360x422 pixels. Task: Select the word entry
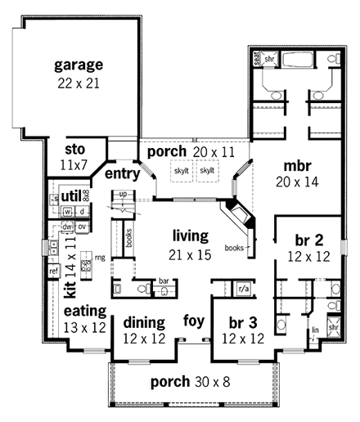[120, 173]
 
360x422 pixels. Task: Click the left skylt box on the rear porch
[182, 170]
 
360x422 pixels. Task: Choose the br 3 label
[243, 321]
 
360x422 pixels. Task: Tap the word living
[187, 236]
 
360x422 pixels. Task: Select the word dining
[144, 321]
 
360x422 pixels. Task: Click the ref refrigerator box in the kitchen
[53, 270]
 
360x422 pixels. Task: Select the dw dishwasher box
[68, 226]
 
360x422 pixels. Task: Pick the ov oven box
[82, 226]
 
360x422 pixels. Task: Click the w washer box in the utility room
[69, 212]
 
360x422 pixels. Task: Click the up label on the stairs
[123, 194]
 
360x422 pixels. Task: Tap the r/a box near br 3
[243, 289]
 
